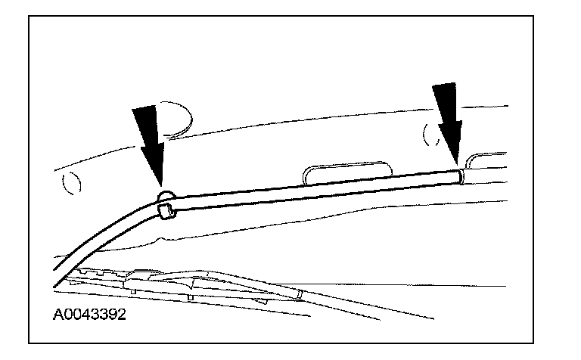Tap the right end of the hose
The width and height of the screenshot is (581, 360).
[x=459, y=176]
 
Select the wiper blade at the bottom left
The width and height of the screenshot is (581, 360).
[x=151, y=283]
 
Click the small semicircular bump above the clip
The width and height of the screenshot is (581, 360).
[x=166, y=197]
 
